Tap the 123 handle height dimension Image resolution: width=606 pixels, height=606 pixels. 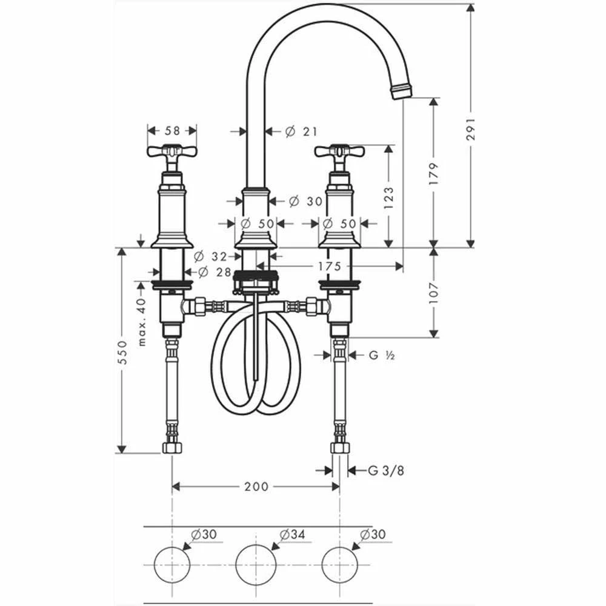388,197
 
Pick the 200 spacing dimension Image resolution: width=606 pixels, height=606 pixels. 256,487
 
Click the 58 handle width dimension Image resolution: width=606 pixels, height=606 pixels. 173,130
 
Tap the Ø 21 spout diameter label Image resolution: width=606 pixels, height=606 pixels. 301,131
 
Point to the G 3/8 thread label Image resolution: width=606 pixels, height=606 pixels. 386,470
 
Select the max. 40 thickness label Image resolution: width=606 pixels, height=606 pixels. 142,321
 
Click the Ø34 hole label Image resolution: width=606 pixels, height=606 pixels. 291,534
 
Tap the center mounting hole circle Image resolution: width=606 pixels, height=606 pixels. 256,564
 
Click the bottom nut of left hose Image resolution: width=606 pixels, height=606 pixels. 172,448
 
